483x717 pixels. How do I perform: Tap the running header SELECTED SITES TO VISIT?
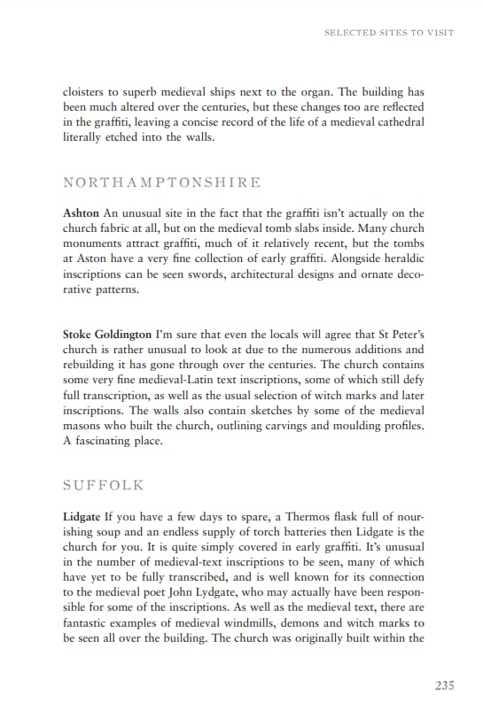click(389, 33)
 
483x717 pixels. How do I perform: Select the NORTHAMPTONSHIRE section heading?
click(162, 183)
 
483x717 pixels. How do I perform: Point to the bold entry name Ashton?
click(81, 213)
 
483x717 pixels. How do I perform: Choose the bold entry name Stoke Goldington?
click(107, 335)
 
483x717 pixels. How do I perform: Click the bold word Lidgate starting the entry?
click(82, 516)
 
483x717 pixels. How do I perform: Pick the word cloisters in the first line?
click(88, 91)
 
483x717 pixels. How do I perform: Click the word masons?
click(83, 426)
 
